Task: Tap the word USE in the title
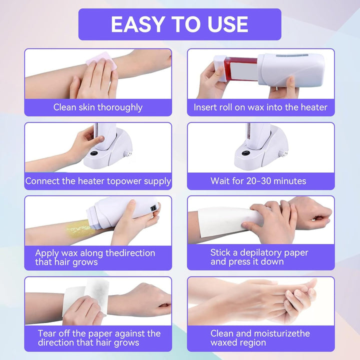[228, 24]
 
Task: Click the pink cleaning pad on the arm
[101, 60]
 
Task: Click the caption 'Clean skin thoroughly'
[98, 107]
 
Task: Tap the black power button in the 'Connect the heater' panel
[93, 153]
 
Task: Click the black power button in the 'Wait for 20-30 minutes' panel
[245, 153]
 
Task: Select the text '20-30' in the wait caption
[259, 181]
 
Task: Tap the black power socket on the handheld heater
[153, 209]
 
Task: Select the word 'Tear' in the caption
[47, 333]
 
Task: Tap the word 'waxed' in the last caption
[224, 342]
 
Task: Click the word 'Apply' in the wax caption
[47, 253]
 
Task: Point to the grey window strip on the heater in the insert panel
[292, 55]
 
